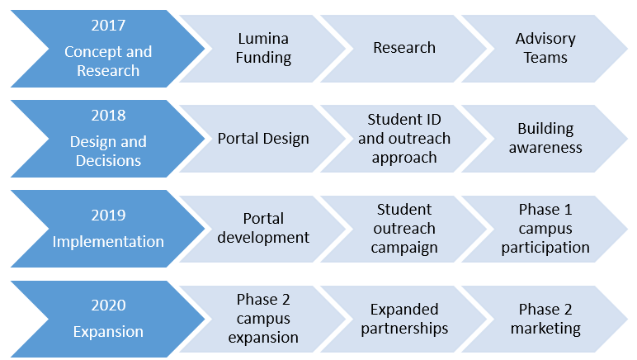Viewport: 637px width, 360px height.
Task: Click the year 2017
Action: point(108,26)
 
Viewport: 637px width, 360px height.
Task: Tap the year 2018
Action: point(108,116)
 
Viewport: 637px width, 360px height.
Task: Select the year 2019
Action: point(108,216)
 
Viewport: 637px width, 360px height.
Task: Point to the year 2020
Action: point(108,306)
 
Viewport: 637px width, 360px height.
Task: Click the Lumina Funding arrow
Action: point(262,49)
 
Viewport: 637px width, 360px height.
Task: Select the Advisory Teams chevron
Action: point(545,49)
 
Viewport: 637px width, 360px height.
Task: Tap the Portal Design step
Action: point(262,139)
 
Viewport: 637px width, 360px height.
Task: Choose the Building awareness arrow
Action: point(545,139)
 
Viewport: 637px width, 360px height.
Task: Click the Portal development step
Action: point(262,229)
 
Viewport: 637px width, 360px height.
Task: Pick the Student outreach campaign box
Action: point(403,229)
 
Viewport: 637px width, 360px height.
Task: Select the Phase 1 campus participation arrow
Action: point(545,229)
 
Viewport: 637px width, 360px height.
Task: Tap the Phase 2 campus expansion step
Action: point(262,319)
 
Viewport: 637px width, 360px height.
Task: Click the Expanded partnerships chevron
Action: point(403,319)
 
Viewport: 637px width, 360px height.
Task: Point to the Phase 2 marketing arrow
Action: point(545,319)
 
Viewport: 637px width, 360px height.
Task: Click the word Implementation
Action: point(108,242)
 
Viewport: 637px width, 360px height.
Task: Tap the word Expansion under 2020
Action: point(108,332)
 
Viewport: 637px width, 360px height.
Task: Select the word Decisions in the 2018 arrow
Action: point(108,161)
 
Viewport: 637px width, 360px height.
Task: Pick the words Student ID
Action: point(403,120)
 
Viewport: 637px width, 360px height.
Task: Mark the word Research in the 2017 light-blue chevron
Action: point(403,48)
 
